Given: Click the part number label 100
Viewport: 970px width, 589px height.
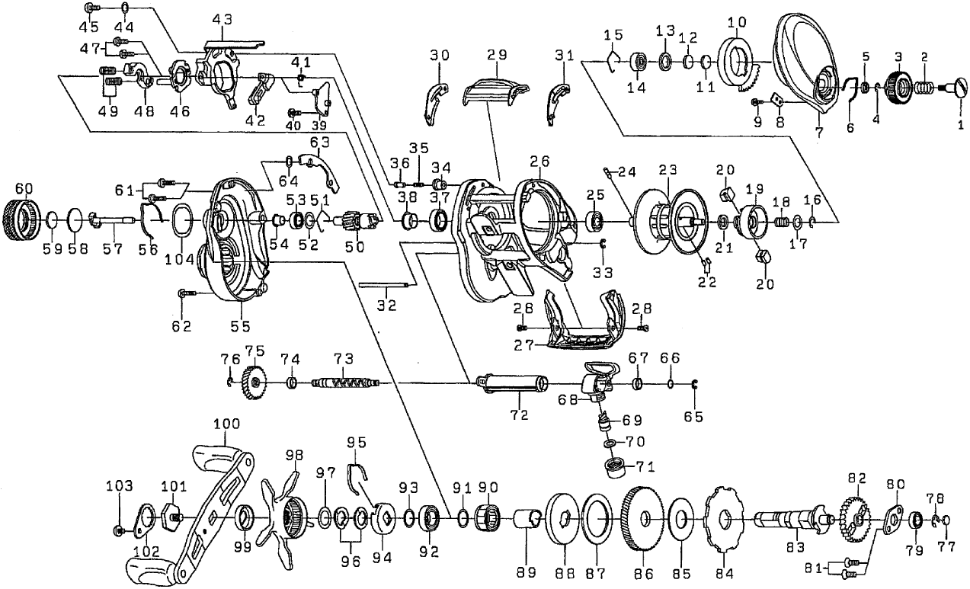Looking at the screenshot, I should point(227,423).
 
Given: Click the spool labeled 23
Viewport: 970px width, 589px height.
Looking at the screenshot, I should point(667,221).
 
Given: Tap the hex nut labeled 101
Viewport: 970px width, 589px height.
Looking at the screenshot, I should point(170,517).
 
